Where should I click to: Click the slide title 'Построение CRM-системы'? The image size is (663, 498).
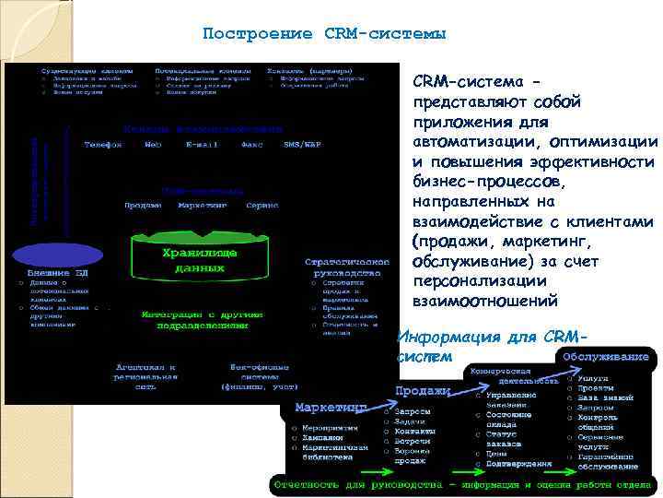pyautogui.click(x=324, y=34)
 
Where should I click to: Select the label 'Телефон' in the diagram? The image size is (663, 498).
pyautogui.click(x=103, y=145)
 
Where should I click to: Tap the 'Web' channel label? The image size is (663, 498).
pyautogui.click(x=153, y=145)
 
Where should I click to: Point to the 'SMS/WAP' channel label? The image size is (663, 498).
pyautogui.click(x=303, y=145)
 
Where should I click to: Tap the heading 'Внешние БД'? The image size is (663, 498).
pyautogui.click(x=57, y=273)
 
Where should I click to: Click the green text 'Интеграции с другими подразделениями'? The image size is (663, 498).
pyautogui.click(x=194, y=319)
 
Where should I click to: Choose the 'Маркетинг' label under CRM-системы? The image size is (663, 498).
pyautogui.click(x=203, y=205)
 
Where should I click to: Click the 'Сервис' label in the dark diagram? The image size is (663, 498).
pyautogui.click(x=262, y=205)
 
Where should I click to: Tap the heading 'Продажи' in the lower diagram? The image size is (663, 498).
pyautogui.click(x=423, y=391)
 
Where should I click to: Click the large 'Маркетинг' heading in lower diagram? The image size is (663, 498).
pyautogui.click(x=331, y=407)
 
